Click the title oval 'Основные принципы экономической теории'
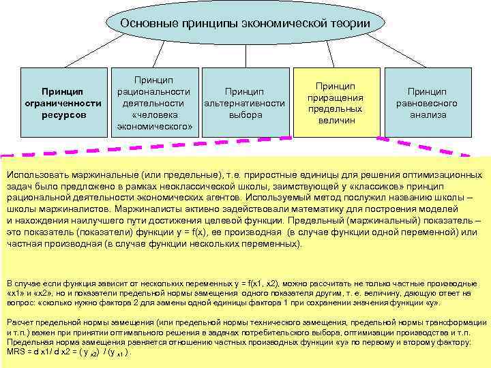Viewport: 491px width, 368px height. pyautogui.click(x=245, y=25)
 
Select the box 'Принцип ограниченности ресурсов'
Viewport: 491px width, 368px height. pyautogui.click(x=62, y=102)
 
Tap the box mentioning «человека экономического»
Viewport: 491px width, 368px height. pyautogui.click(x=153, y=102)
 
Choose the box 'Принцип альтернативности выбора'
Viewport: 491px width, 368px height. pyautogui.click(x=245, y=102)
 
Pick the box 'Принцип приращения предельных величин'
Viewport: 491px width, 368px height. pyautogui.click(x=336, y=102)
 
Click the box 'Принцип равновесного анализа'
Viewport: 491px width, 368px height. pyautogui.click(x=427, y=102)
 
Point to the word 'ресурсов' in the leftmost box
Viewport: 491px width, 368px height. pyautogui.click(x=62, y=115)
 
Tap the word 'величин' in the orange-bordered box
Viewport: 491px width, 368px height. pyautogui.click(x=336, y=120)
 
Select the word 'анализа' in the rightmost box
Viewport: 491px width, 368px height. pyautogui.click(x=428, y=115)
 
